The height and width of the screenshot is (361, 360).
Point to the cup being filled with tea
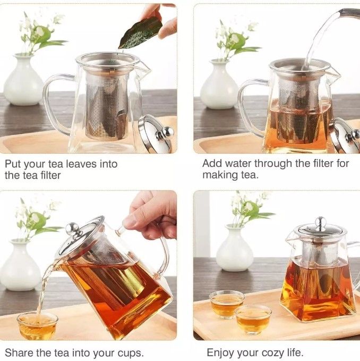coord(37,325)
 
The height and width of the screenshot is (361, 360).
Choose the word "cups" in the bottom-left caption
coord(130,353)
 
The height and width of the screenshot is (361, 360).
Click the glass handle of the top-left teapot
coord(53,104)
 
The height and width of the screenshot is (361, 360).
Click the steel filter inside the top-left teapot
coord(106,104)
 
